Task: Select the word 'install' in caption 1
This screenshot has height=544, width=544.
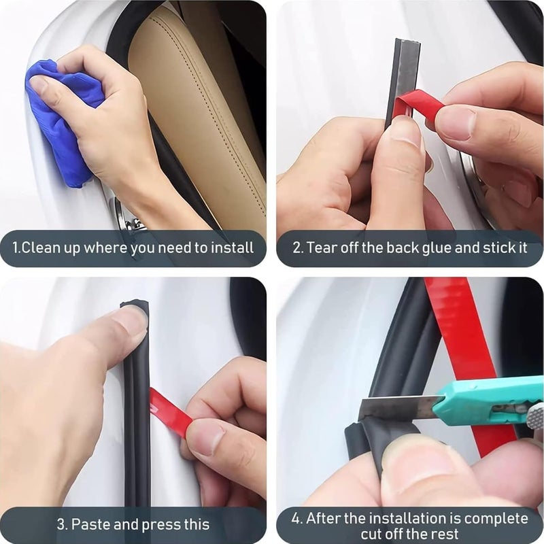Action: point(233,248)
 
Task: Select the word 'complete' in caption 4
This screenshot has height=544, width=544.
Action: point(496,519)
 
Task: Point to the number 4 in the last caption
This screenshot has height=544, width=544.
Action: point(295,519)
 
